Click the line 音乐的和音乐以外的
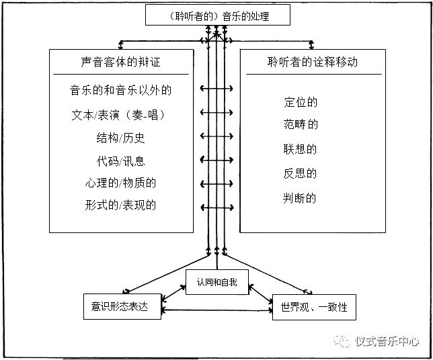pyautogui.click(x=122, y=89)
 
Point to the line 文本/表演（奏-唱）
pyautogui.click(x=118, y=114)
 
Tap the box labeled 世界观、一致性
pyautogui.click(x=313, y=308)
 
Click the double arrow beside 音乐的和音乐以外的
pyautogui.click(x=216, y=89)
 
